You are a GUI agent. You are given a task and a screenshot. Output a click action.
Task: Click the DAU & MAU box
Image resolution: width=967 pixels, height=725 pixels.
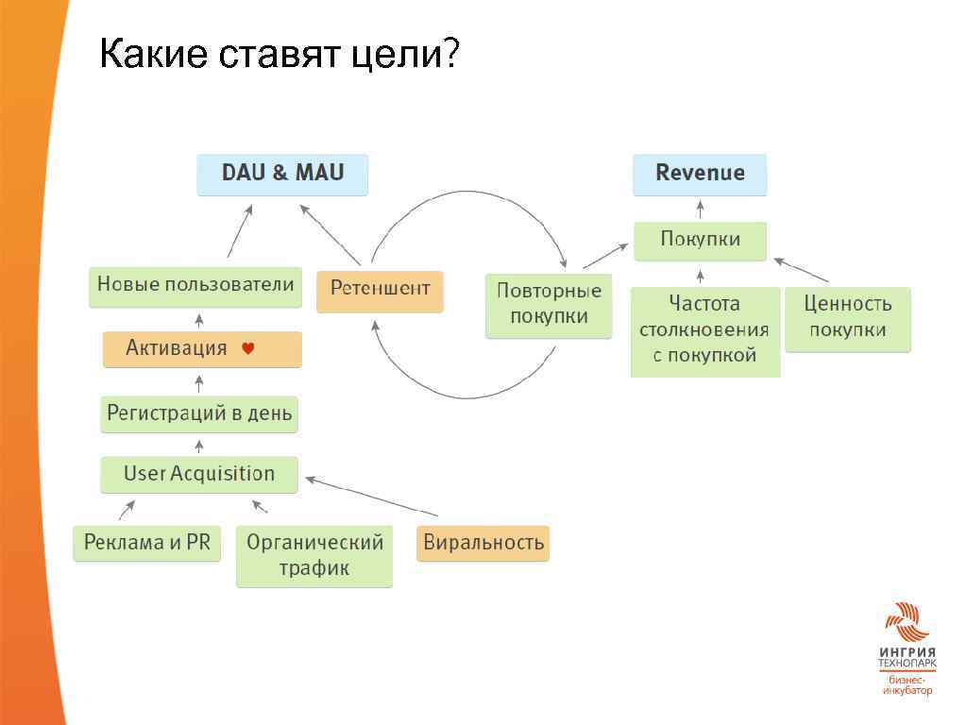point(282,175)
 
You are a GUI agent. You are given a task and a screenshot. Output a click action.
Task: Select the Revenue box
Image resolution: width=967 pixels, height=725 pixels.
point(700,175)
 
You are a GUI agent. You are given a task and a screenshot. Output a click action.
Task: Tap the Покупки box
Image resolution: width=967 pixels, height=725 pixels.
point(700,241)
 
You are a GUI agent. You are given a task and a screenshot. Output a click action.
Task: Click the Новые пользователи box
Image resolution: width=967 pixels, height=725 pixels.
point(195,286)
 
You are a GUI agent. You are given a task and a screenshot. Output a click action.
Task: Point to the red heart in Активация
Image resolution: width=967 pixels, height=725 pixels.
point(248,348)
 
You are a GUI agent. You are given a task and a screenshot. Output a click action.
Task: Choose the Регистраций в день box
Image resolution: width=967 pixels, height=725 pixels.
point(199,413)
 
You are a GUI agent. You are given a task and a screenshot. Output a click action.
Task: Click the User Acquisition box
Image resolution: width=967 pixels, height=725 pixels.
point(199,474)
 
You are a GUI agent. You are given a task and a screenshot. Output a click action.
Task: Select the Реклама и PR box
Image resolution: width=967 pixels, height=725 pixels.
point(146,543)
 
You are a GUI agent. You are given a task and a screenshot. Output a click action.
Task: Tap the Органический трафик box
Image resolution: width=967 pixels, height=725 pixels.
point(314,555)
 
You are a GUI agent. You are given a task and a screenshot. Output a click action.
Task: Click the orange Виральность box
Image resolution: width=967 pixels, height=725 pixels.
point(483,543)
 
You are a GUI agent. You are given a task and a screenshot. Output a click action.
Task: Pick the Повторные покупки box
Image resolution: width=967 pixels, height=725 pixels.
point(549,305)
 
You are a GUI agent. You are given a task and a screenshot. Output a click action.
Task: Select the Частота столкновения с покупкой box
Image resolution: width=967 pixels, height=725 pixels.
point(704,330)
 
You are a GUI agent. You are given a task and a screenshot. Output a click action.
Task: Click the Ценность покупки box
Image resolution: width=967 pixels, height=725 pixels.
point(848,318)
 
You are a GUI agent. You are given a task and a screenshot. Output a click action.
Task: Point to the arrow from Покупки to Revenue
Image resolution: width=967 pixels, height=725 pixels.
point(700,209)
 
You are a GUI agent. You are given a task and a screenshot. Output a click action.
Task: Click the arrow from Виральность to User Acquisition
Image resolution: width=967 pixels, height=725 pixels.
point(372,497)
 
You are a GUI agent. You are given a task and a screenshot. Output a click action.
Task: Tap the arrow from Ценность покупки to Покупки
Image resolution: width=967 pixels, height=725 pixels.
point(801,269)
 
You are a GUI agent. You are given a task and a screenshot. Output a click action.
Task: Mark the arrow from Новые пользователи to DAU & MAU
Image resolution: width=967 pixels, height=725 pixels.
point(240,232)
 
